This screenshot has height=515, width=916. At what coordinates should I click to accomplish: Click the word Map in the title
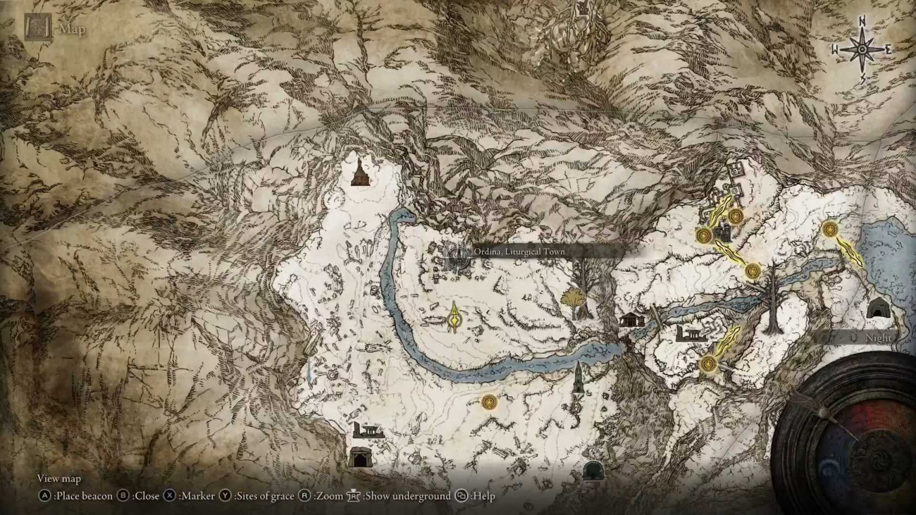[72, 29]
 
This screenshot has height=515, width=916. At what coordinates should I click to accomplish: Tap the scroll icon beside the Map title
[38, 27]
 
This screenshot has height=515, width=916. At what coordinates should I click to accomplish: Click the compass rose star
[862, 49]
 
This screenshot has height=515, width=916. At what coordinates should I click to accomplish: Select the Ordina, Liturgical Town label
[519, 252]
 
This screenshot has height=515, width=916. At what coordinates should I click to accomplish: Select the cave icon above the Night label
[876, 309]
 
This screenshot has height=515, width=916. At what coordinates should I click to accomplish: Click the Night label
[878, 338]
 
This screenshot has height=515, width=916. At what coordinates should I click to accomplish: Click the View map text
[58, 478]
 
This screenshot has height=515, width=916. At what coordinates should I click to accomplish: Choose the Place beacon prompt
[76, 496]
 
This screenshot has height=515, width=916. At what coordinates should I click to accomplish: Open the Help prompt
[475, 496]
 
